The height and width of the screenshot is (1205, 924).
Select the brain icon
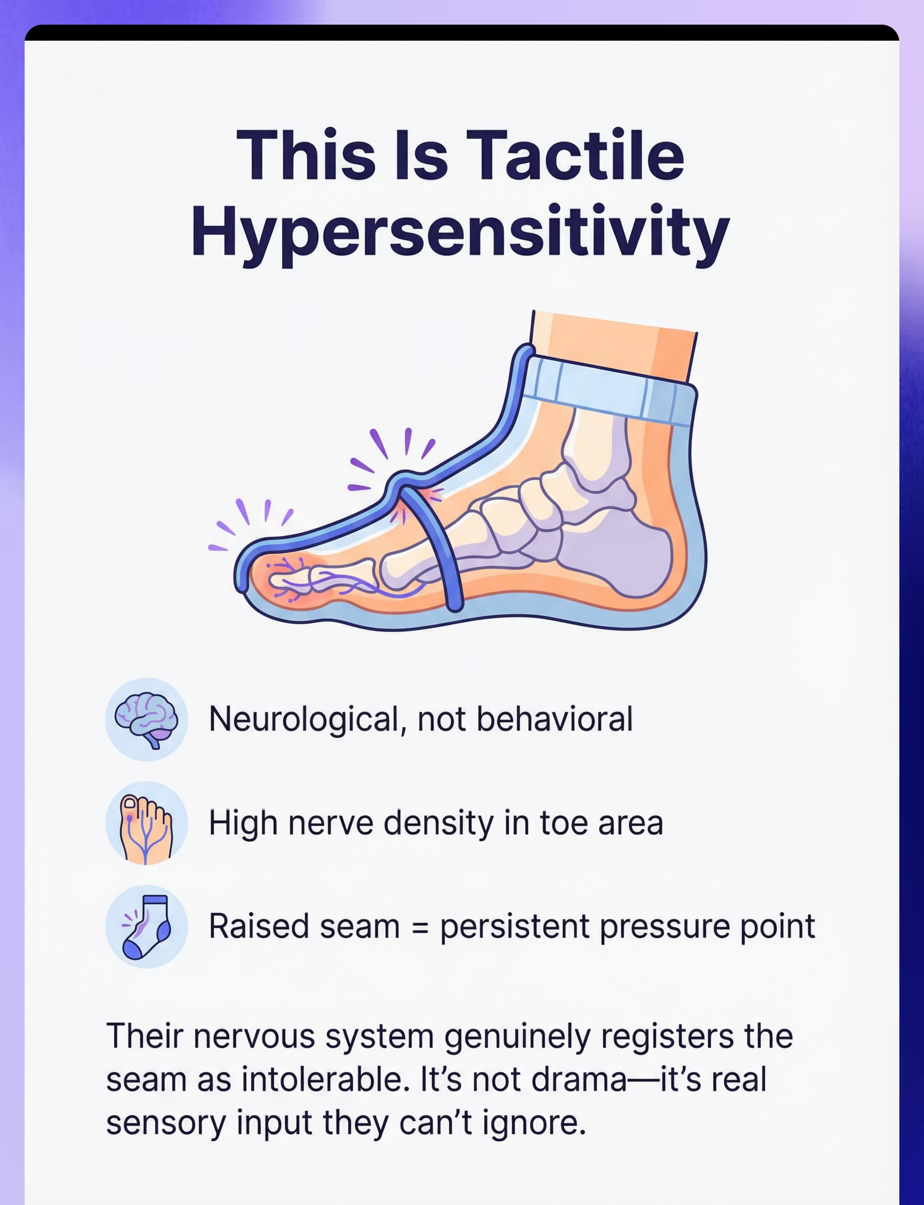tap(146, 719)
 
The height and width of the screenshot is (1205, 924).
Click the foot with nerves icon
tap(146, 823)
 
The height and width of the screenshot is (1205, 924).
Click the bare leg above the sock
tap(613, 347)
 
